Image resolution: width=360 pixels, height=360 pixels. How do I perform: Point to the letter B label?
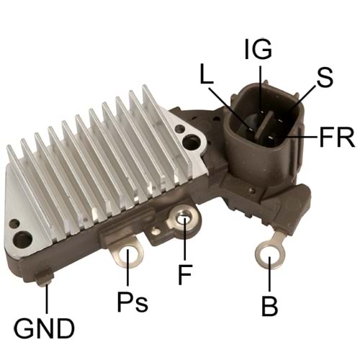pyautogui.click(x=269, y=307)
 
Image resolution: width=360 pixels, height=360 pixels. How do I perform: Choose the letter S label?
pyautogui.click(x=324, y=77)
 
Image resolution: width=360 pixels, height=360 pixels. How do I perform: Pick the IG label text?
pyautogui.click(x=258, y=50)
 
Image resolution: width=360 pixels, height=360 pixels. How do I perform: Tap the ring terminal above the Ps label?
pyautogui.click(x=130, y=254)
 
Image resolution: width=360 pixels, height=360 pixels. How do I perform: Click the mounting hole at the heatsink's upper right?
pyautogui.click(x=189, y=143)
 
